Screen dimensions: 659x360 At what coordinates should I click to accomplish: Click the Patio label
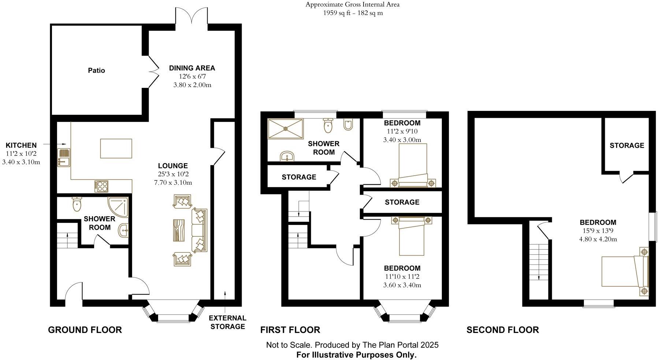[96, 70]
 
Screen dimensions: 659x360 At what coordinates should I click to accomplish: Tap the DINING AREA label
[192, 68]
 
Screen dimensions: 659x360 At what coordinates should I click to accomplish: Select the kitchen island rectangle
[116, 148]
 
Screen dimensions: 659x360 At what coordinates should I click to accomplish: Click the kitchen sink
[64, 158]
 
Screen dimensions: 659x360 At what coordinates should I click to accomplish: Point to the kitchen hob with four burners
[101, 186]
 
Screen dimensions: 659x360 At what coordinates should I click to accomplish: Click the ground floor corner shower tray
[118, 207]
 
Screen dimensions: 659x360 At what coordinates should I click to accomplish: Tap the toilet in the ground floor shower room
[77, 204]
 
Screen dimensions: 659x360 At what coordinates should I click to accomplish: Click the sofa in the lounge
[199, 230]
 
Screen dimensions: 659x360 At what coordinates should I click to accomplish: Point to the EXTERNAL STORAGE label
[227, 322]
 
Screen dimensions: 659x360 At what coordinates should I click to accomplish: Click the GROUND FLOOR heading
[85, 330]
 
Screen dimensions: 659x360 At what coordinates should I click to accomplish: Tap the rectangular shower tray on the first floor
[286, 128]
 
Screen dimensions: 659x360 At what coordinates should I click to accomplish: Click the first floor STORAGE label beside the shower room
[299, 177]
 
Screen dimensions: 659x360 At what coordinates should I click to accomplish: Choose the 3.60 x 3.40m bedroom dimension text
[402, 285]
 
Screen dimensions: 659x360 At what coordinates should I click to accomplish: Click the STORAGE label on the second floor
[627, 146]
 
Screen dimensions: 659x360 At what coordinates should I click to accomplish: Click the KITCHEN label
[21, 146]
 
